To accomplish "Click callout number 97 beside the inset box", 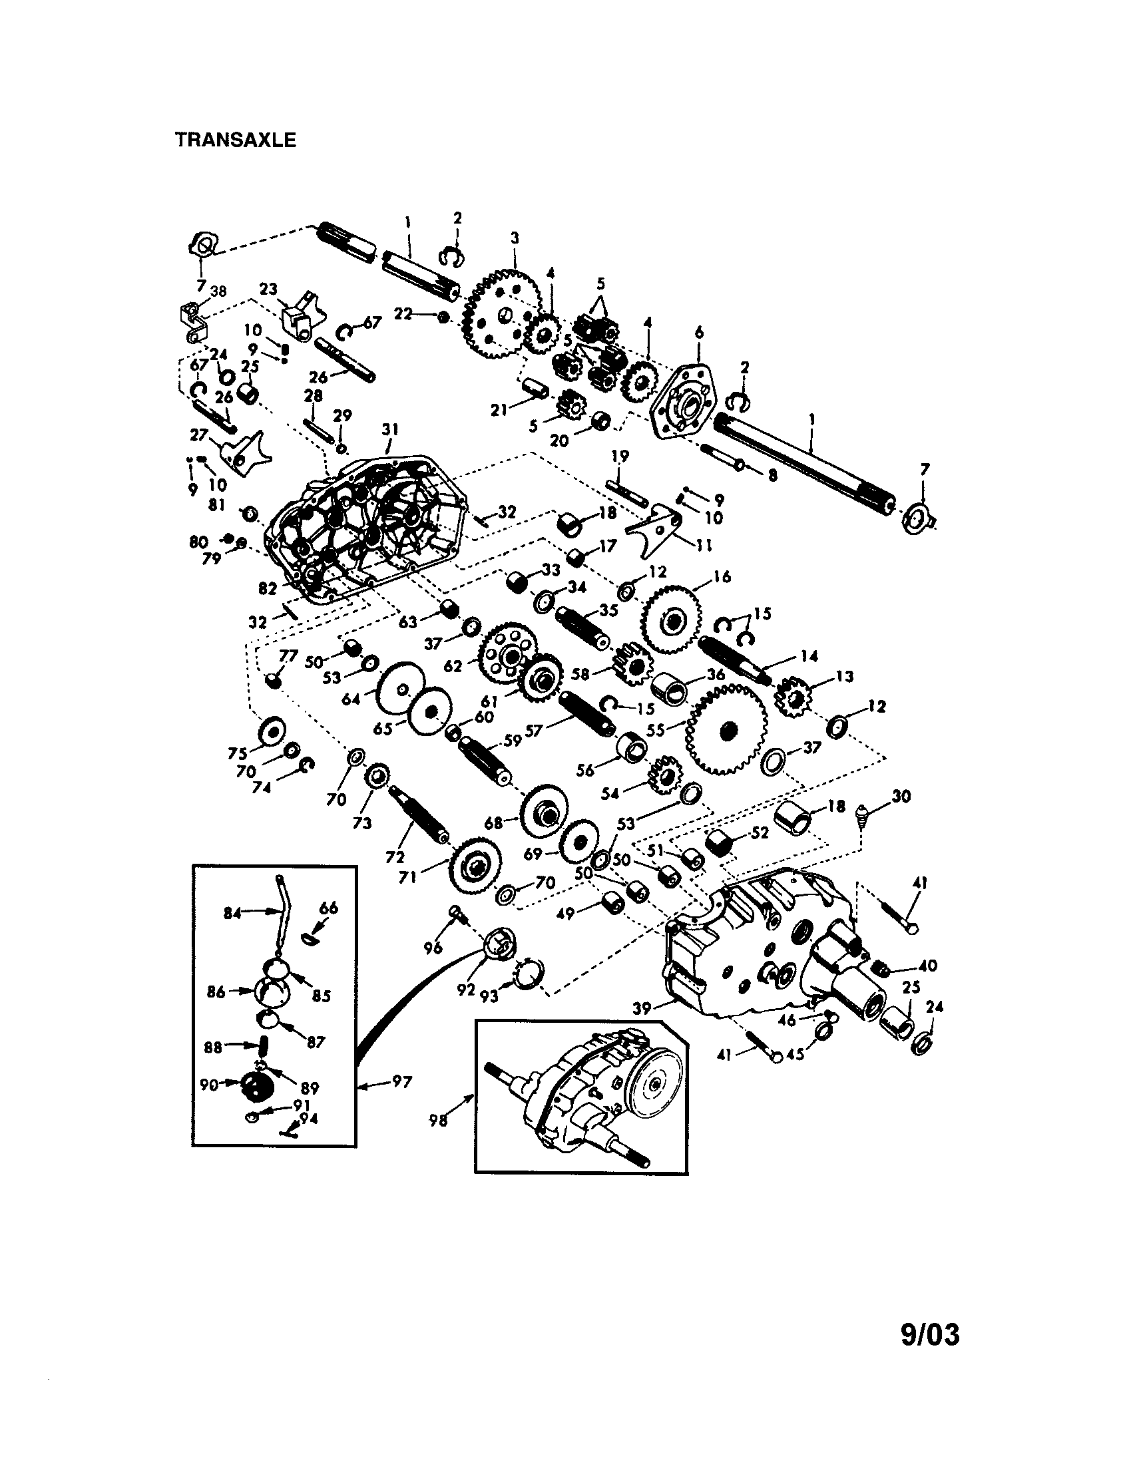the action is [x=401, y=1081].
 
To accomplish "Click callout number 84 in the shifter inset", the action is [x=232, y=913].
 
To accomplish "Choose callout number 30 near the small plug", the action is [x=901, y=797].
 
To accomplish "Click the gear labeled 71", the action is [x=476, y=868].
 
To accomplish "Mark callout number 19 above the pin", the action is [x=620, y=457].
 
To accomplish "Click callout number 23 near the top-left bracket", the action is [x=268, y=289].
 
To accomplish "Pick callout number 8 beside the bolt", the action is [x=772, y=475].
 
